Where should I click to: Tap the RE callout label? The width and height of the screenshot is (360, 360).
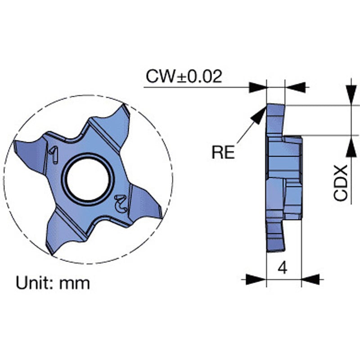(x=223, y=153)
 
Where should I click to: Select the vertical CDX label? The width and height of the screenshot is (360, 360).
(x=341, y=182)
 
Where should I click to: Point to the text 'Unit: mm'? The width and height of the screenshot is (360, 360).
(x=53, y=283)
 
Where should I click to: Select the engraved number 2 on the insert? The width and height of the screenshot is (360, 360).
(x=120, y=204)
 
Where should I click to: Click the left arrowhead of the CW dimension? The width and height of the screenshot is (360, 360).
(x=258, y=87)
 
